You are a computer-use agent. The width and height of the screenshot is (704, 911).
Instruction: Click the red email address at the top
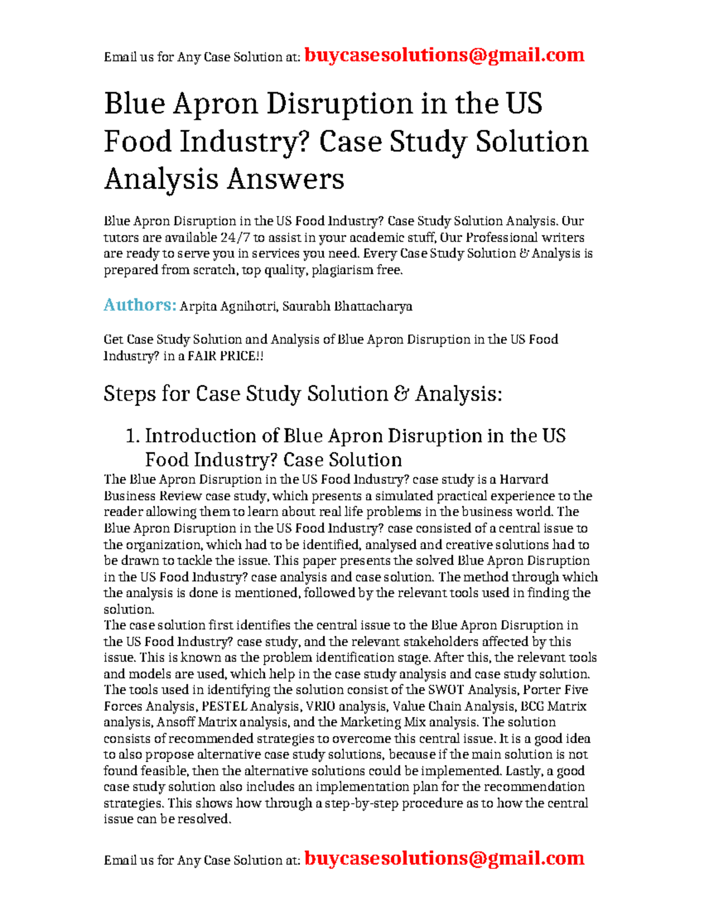(445, 55)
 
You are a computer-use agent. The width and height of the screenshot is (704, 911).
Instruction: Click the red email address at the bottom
(445, 858)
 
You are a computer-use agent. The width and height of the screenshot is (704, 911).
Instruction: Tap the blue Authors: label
(140, 305)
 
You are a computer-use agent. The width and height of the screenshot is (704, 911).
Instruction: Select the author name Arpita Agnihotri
(228, 306)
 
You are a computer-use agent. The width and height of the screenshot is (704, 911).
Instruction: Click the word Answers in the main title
(286, 179)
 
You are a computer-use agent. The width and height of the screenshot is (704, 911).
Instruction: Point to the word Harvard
(524, 480)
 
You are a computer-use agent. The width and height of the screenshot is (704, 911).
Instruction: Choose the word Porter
(542, 690)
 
